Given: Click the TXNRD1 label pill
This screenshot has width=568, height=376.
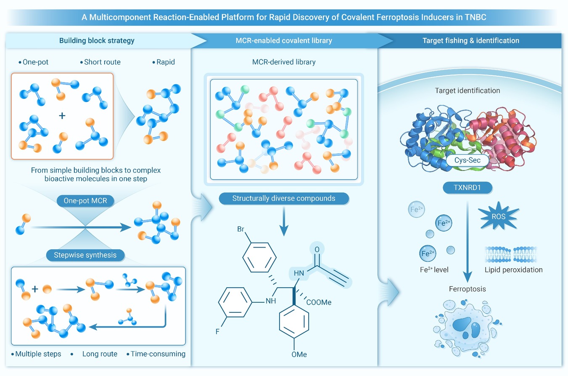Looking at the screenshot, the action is tap(468, 188).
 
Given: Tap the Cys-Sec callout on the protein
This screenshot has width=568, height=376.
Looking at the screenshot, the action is tap(468, 160).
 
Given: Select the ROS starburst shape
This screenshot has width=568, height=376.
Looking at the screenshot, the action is tap(498, 216).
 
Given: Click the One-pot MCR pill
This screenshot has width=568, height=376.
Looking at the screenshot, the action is tap(85, 200).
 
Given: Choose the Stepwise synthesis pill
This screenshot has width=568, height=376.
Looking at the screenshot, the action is tap(85, 255).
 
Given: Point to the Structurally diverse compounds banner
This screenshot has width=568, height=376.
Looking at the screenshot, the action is tap(284, 198).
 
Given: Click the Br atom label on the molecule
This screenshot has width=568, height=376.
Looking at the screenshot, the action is tap(240, 229).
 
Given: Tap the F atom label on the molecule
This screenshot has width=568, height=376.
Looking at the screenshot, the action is tap(217, 331).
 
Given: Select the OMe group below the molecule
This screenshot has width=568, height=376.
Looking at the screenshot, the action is tap(299, 354).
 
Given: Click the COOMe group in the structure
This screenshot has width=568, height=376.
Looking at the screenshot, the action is tap(319, 302).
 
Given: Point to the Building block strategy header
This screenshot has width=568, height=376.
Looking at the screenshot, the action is tap(97, 40).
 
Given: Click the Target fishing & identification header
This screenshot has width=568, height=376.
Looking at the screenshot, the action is tap(471, 40).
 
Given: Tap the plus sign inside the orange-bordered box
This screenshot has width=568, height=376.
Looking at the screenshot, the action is tap(62, 116).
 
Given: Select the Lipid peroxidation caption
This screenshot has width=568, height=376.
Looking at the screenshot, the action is tap(513, 269).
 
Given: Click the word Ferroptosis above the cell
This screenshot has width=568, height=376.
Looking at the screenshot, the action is tap(468, 289).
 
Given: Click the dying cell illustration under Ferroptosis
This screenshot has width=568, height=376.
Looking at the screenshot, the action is tap(466, 329).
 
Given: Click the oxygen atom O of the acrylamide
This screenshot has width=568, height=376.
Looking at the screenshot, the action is tap(317, 250).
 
